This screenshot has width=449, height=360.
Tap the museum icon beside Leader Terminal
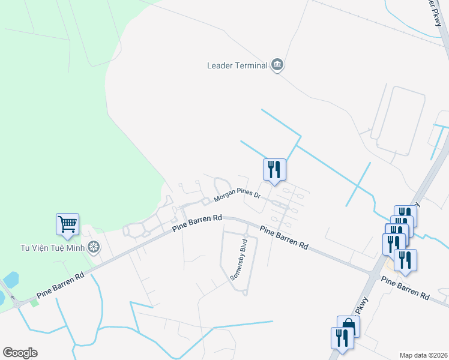coord(277,65)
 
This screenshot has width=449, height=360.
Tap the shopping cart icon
coord(68,224)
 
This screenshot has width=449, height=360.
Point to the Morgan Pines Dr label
coord(237,195)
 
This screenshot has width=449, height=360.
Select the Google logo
coord(20,353)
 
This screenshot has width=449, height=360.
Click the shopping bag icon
coord(349,326)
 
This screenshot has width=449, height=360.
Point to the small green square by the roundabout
coord(34,302)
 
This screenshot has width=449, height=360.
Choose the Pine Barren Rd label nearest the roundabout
coord(60,286)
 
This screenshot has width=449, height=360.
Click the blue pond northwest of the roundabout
coord(10,279)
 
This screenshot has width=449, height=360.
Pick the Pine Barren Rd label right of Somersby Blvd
coord(283,237)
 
